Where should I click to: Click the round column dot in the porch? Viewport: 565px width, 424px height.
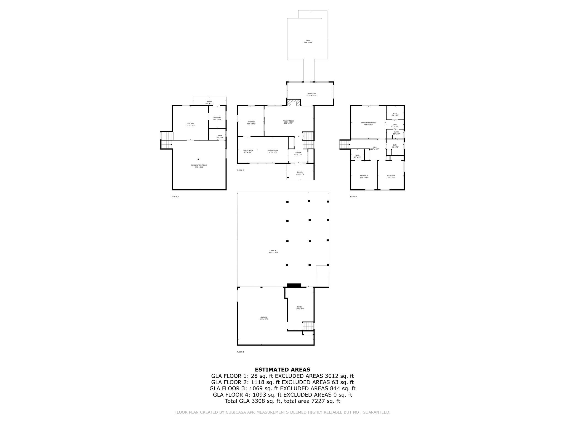click(x=288, y=178)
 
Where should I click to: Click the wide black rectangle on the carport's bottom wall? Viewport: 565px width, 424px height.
click(x=294, y=285)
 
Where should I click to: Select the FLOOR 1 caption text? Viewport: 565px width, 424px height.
click(x=241, y=352)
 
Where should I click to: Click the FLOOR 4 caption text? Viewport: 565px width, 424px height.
click(x=353, y=197)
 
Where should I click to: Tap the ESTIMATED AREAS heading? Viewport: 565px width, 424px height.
click(x=282, y=370)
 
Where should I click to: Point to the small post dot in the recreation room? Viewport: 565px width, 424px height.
click(x=198, y=159)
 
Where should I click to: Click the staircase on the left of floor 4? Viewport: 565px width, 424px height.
click(x=344, y=144)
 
